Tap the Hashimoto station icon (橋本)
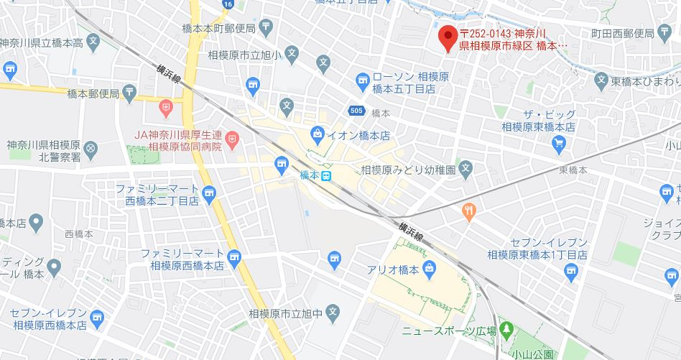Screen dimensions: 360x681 click(326, 176)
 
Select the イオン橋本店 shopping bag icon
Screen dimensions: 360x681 click(318, 134)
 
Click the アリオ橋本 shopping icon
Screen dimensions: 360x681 click(429, 270)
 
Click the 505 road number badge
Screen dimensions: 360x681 click(356, 111)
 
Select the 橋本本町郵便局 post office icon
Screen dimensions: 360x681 click(267, 28)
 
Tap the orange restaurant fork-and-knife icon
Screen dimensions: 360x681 click(469, 211)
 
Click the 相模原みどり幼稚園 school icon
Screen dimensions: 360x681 click(465, 170)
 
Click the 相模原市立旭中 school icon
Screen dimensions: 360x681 click(332, 312)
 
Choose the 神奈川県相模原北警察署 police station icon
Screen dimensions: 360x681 click(90, 149)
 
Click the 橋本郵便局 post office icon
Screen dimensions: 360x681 click(129, 91)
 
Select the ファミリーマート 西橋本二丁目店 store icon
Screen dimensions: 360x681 click(209, 193)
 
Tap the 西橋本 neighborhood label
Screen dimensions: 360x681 click(78, 234)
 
